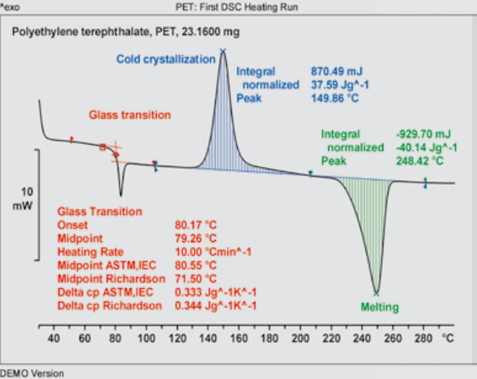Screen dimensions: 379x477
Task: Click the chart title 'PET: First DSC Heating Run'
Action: click(237, 7)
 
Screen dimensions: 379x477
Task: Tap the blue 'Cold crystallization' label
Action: click(165, 59)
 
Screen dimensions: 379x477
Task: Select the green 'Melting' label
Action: click(380, 308)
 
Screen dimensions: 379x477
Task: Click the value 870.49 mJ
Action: click(337, 71)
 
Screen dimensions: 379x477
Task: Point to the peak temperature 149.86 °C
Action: click(335, 98)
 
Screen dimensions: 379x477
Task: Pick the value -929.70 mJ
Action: click(423, 134)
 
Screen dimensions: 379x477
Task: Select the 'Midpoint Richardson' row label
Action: click(111, 279)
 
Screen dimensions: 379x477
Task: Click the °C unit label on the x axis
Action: click(448, 338)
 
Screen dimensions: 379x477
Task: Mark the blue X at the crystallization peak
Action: click(222, 51)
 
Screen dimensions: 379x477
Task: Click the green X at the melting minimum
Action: click(376, 293)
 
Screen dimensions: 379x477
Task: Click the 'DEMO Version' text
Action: click(32, 373)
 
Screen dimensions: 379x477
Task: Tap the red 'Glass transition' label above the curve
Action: click(129, 115)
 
